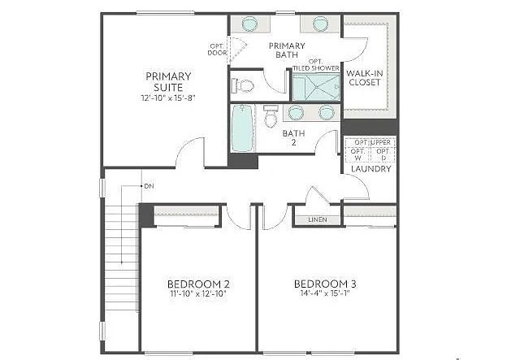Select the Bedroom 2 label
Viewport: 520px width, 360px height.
click(198, 284)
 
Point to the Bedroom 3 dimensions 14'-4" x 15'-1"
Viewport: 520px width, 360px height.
click(324, 294)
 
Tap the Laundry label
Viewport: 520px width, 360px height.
click(372, 169)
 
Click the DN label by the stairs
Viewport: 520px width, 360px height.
click(149, 186)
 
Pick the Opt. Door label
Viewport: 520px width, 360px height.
click(217, 49)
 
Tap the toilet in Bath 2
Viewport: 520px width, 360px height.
click(271, 119)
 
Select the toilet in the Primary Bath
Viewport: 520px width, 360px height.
click(244, 85)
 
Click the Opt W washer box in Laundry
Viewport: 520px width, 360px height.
click(357, 154)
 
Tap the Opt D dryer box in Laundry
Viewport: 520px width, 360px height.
click(383, 154)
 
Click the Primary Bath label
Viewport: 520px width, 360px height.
click(287, 50)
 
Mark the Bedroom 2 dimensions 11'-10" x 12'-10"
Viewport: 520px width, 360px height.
click(198, 294)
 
